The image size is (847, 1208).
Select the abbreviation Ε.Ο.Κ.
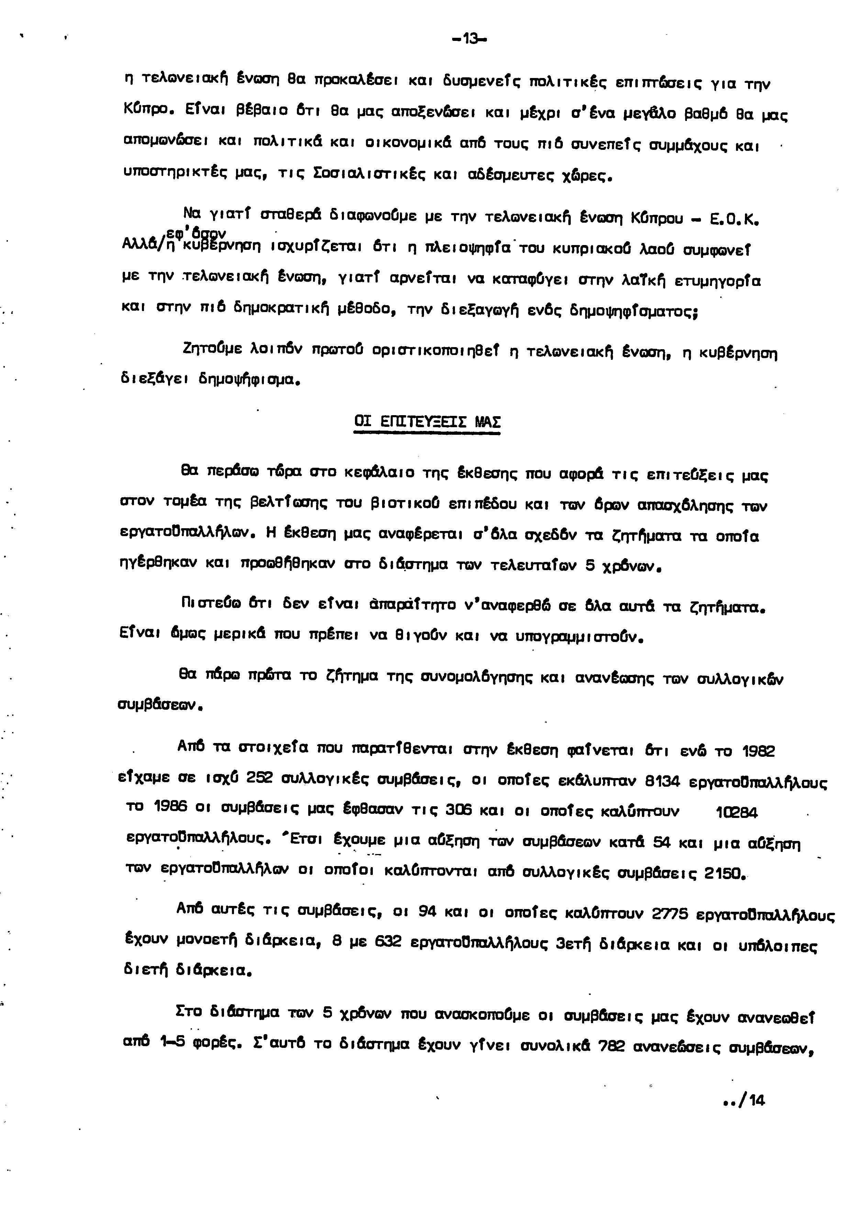coord(734,218)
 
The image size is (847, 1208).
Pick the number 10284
coord(736,813)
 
